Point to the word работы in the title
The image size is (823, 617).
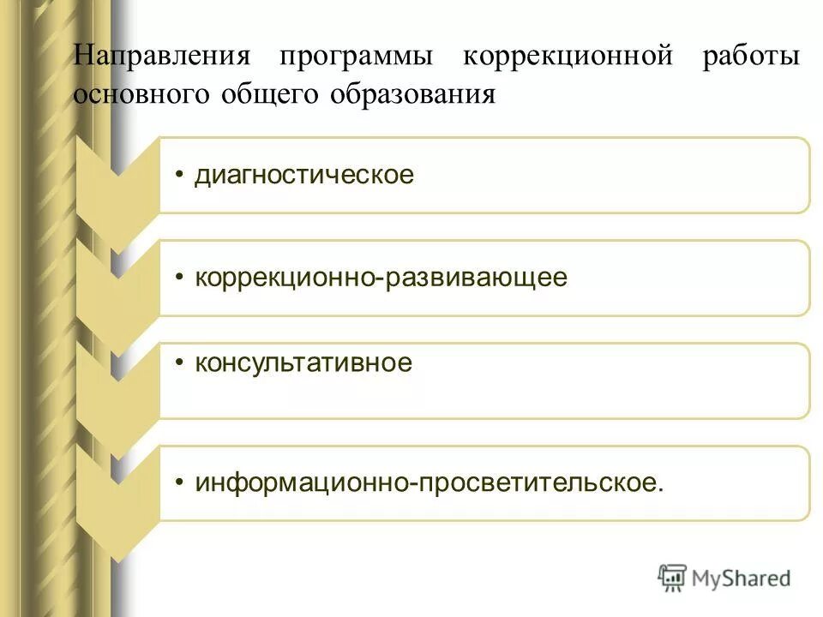pyautogui.click(x=752, y=57)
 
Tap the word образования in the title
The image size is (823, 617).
pyautogui.click(x=411, y=94)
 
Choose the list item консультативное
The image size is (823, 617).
pyautogui.click(x=303, y=363)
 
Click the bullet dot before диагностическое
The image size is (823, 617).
pyautogui.click(x=179, y=176)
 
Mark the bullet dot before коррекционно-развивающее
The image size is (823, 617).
pyautogui.click(x=179, y=278)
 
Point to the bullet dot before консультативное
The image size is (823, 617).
pyautogui.click(x=179, y=362)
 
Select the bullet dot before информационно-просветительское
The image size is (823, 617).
pyautogui.click(x=179, y=482)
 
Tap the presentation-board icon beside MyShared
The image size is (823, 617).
pyautogui.click(x=673, y=578)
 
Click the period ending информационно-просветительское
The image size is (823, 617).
pyautogui.click(x=660, y=490)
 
